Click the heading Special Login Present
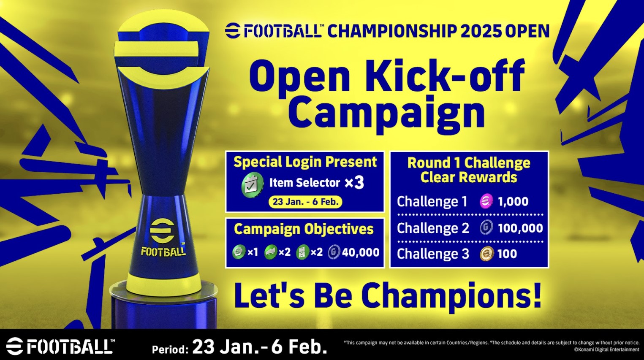click(305, 162)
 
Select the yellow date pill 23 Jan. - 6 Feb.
click(305, 202)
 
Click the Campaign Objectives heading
click(304, 229)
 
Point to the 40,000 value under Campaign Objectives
click(361, 252)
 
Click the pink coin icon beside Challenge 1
click(486, 201)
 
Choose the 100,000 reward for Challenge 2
click(520, 228)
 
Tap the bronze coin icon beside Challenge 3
click(486, 254)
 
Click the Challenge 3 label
click(433, 254)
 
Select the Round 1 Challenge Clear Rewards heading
click(469, 170)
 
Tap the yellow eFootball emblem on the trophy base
click(163, 231)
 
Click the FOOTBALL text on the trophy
click(163, 252)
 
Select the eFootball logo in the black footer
click(60, 346)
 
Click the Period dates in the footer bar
click(259, 347)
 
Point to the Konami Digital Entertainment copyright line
click(606, 349)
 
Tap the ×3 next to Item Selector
click(354, 183)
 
